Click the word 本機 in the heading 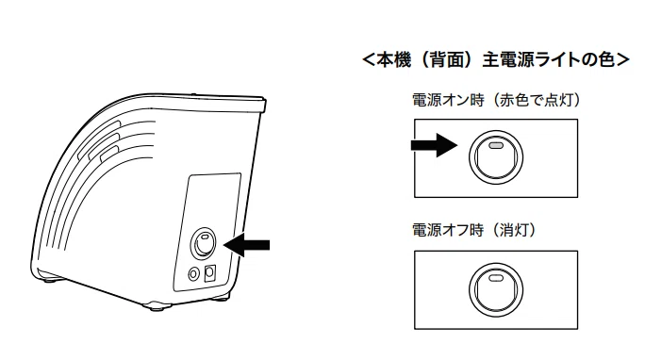tap(393, 60)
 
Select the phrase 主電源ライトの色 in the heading tap(548, 60)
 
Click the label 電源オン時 tap(448, 100)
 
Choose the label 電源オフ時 tap(448, 230)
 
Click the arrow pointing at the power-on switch tap(435, 145)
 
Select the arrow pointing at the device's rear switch tap(246, 245)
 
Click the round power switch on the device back tap(203, 243)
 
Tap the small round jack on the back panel tap(193, 273)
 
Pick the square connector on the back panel tap(210, 272)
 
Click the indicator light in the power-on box tap(496, 146)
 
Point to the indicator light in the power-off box tap(496, 277)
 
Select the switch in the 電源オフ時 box tap(496, 289)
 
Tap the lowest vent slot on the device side tap(109, 154)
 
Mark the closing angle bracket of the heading tap(622, 60)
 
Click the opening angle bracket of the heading tap(369, 60)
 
